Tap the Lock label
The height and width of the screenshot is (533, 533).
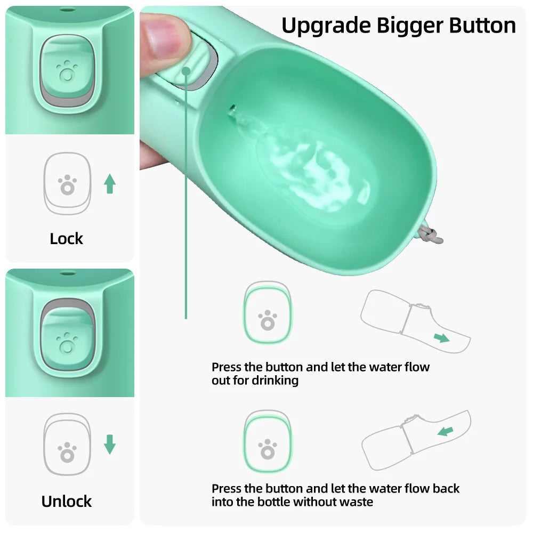pyautogui.click(x=67, y=239)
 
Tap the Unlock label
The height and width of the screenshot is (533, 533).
pyautogui.click(x=67, y=501)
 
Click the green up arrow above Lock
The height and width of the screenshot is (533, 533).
pyautogui.click(x=110, y=184)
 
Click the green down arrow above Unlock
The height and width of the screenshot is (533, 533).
pyautogui.click(x=110, y=444)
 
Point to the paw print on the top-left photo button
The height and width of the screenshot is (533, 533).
pyautogui.click(x=67, y=70)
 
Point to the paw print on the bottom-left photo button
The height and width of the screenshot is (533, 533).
pyautogui.click(x=67, y=342)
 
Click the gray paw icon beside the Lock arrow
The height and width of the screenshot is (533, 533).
pyautogui.click(x=67, y=184)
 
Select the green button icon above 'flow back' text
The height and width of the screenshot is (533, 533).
pyautogui.click(x=268, y=442)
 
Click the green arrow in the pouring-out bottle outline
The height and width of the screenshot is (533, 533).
pyautogui.click(x=441, y=338)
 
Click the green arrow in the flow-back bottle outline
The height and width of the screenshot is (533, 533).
pyautogui.click(x=445, y=430)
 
